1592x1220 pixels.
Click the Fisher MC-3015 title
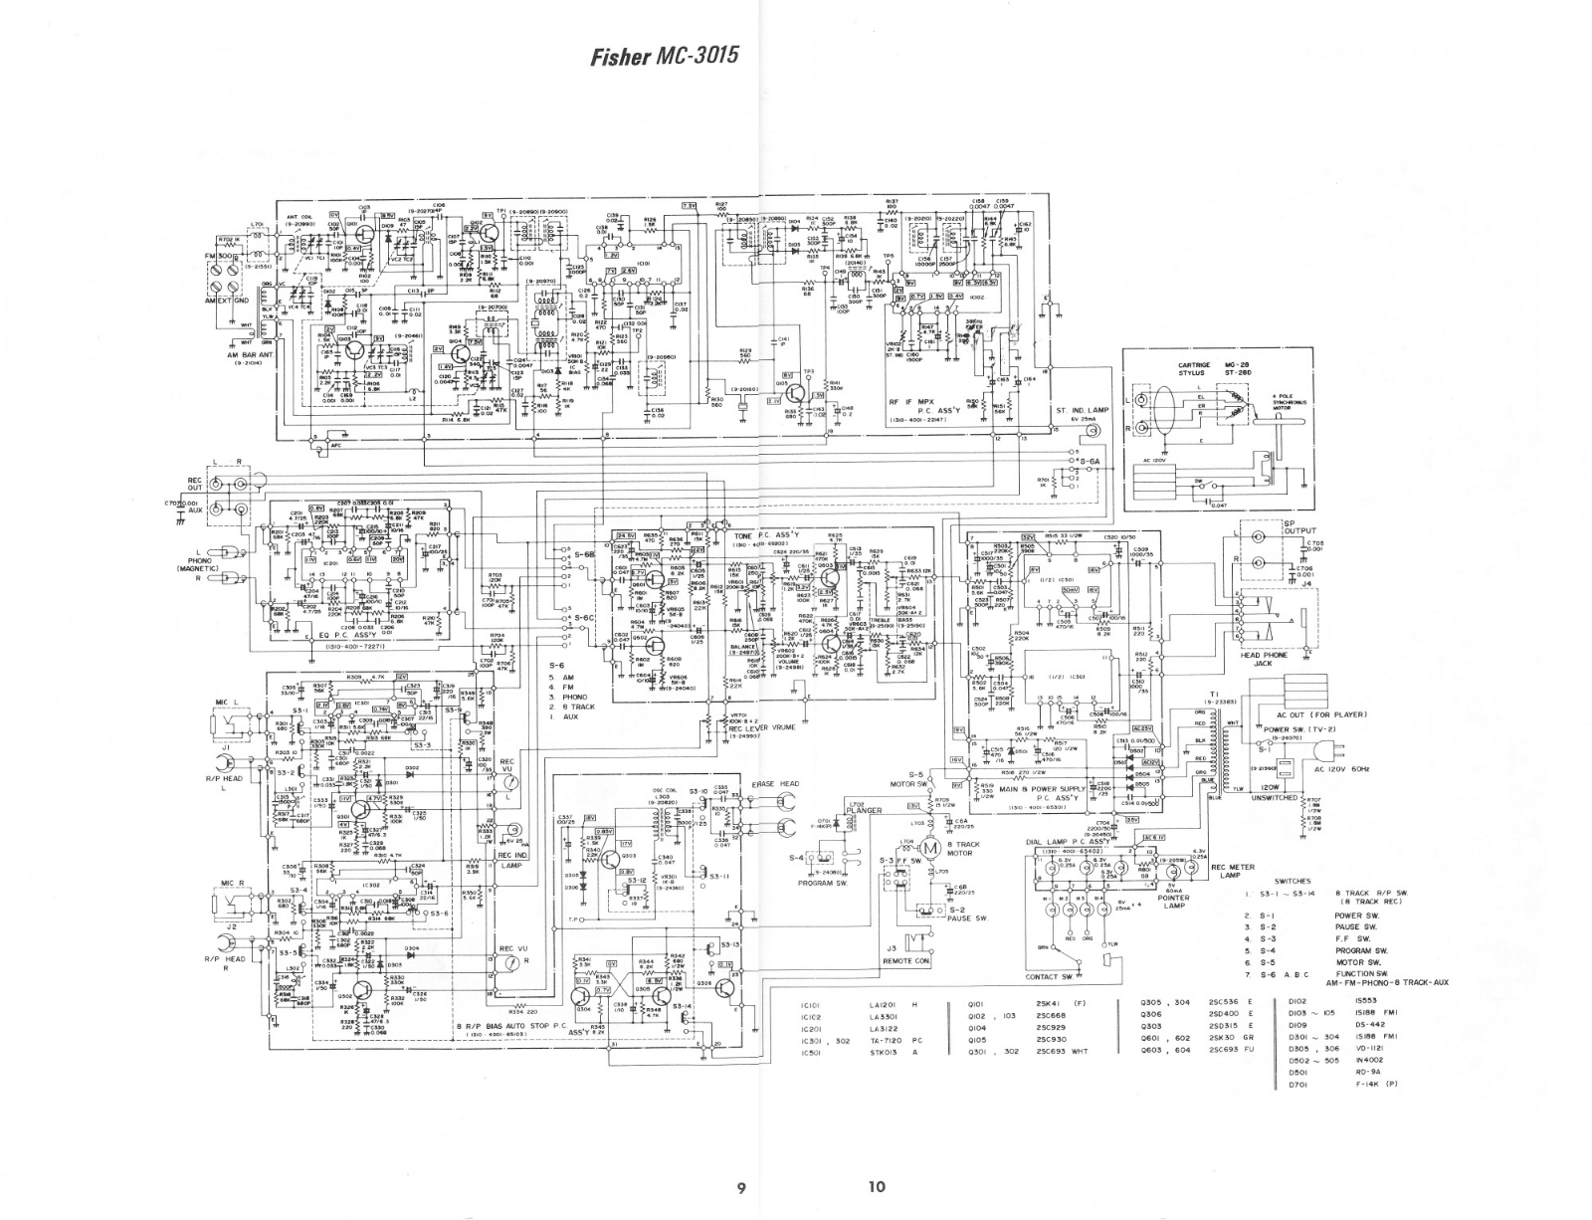(665, 55)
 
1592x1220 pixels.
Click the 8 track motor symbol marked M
(932, 846)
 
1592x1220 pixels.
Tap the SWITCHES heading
(1293, 881)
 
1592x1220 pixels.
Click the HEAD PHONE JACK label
(1264, 659)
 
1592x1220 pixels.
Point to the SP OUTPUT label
(1299, 526)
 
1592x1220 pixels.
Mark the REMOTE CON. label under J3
(906, 961)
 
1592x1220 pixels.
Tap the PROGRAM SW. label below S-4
(822, 882)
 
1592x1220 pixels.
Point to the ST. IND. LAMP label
(1083, 410)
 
